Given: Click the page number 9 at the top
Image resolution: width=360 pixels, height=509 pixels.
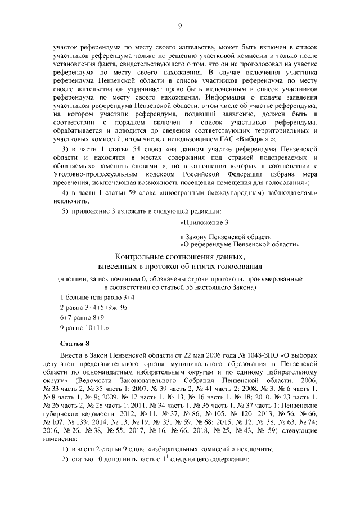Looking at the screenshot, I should coord(180,25).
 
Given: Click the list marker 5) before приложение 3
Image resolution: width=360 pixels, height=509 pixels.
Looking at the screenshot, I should coord(65,210).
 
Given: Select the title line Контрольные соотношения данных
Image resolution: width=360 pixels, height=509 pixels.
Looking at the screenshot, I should coord(180,256).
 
